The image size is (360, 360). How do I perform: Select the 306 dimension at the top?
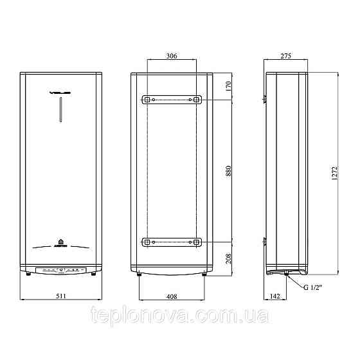[172, 57]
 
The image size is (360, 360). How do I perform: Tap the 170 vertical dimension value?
[230, 87]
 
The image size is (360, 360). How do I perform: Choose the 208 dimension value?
[230, 258]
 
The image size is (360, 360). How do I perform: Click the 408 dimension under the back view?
[172, 296]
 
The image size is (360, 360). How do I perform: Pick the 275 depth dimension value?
[286, 57]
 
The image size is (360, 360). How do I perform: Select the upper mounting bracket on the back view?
[172, 100]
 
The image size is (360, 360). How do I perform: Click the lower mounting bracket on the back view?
[172, 242]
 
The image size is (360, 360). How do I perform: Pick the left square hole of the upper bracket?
[147, 100]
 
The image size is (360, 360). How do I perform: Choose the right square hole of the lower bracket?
[196, 242]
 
